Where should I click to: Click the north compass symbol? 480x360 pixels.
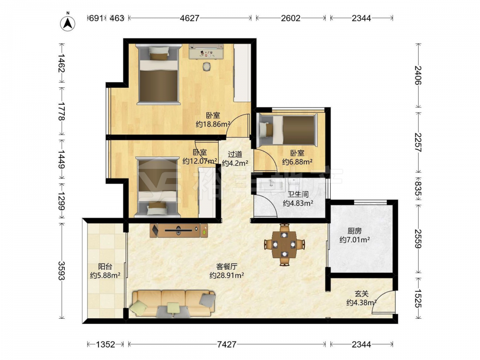(68, 23)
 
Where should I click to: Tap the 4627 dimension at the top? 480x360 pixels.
(190, 18)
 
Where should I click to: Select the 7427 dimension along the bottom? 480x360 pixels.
(227, 344)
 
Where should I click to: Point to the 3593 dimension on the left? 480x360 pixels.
(62, 271)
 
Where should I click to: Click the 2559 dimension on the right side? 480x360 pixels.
(418, 239)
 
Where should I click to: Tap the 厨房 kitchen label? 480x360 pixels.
(354, 231)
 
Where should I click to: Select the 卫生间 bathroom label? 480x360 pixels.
(298, 194)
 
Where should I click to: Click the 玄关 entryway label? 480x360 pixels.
(361, 294)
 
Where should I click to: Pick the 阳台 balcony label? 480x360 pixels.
(105, 266)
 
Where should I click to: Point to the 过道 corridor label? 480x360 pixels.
(235, 154)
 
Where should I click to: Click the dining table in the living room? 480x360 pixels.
(284, 244)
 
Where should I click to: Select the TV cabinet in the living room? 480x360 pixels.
(179, 230)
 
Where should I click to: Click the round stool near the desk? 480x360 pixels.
(207, 66)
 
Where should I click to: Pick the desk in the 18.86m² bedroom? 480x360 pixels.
(206, 51)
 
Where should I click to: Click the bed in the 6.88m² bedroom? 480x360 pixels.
(287, 129)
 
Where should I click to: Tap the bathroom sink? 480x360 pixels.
(272, 185)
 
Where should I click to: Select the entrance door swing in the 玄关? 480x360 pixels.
(383, 302)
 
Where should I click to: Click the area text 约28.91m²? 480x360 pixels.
(227, 276)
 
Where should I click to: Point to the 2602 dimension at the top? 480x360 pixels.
(291, 18)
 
